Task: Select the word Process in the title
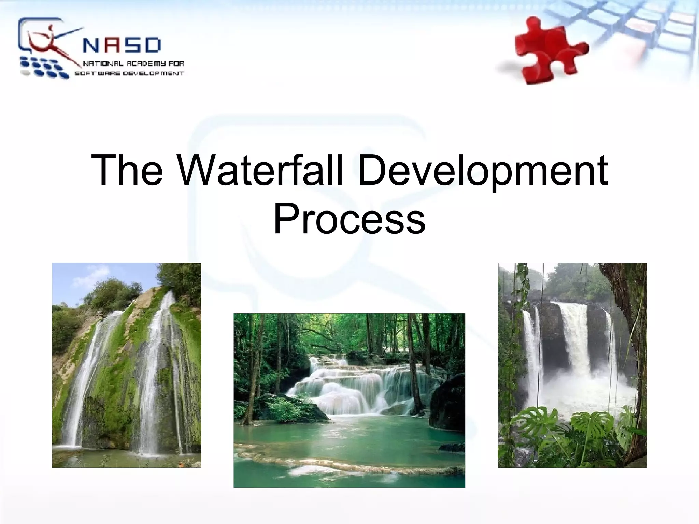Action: tap(349, 218)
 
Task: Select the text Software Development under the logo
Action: tap(130, 73)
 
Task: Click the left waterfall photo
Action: tap(126, 365)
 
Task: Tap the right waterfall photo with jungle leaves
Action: tap(572, 365)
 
